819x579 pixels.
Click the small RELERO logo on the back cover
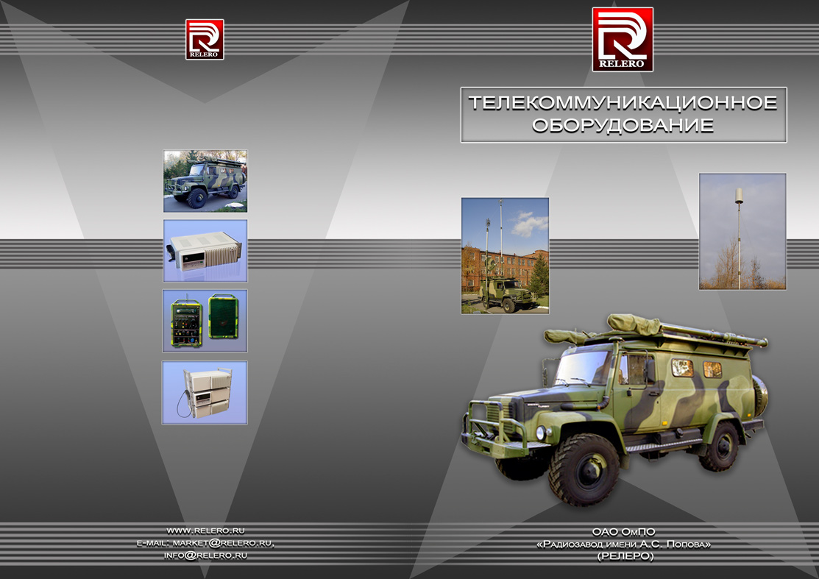205,40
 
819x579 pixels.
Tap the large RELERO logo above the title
623,40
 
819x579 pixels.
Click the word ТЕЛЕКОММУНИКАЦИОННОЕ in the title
623,102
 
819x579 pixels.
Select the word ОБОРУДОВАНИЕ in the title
623,125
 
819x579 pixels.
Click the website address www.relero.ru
206,531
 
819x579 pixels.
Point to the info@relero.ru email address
205,555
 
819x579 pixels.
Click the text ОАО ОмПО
624,532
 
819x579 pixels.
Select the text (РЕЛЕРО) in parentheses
625,556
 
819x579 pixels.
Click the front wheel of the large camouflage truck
584,469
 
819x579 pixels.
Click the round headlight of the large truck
541,433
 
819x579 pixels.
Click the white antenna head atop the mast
739,196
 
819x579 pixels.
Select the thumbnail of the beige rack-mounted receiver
205,251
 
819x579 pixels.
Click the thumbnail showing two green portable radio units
205,321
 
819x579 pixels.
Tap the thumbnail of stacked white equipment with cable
205,392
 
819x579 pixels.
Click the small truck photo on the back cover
205,181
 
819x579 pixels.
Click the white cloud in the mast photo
528,224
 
